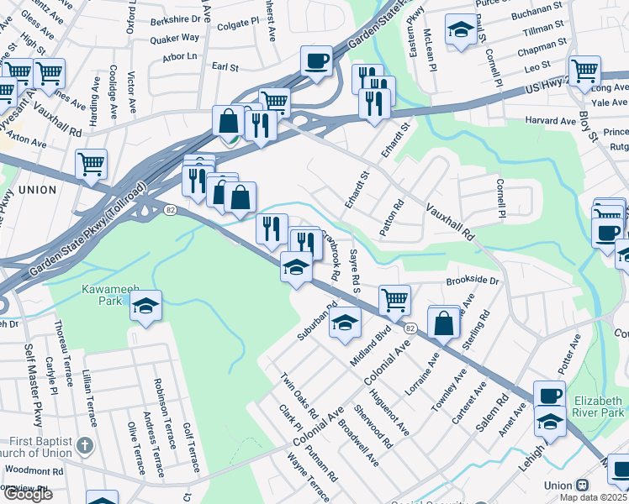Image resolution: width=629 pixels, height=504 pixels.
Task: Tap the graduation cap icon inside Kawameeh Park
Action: click(x=145, y=307)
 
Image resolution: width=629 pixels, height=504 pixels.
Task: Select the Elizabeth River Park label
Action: click(x=599, y=406)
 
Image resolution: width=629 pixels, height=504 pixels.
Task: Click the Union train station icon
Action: click(x=581, y=486)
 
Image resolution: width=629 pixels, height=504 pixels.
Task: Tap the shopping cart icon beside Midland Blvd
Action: click(x=394, y=298)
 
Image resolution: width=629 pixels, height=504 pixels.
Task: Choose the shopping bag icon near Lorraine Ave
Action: click(x=443, y=322)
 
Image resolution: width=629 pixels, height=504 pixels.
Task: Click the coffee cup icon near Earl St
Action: click(x=316, y=60)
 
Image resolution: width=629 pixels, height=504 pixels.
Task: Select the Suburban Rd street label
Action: click(x=316, y=322)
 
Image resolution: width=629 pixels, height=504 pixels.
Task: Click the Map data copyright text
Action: click(x=592, y=497)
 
